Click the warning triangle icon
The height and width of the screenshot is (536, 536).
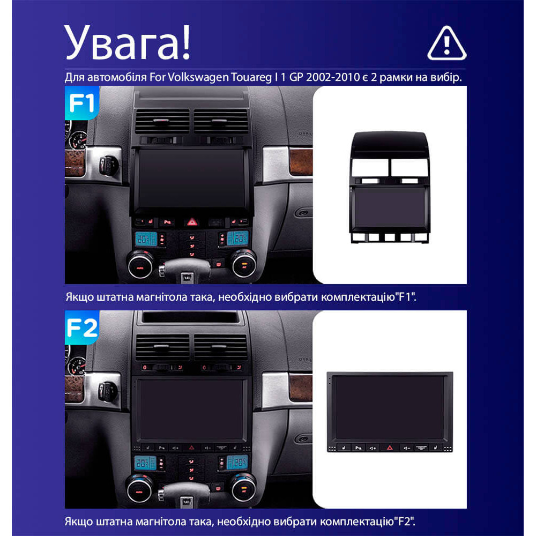tap(447, 44)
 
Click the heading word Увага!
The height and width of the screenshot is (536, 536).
tap(127, 43)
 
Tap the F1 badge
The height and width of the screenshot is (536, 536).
tap(82, 102)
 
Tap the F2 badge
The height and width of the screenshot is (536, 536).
tap(82, 327)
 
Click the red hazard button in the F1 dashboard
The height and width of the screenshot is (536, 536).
tap(192, 222)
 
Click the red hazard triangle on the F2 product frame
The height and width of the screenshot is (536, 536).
tap(390, 448)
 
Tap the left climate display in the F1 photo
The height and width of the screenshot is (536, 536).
tap(146, 239)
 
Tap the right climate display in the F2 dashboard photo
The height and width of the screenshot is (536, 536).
tap(237, 463)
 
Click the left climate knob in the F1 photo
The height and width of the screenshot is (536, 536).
tap(141, 264)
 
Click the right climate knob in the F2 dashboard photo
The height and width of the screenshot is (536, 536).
tap(243, 487)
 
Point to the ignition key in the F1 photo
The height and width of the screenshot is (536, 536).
tap(109, 165)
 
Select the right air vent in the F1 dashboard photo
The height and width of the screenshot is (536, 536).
tap(221, 121)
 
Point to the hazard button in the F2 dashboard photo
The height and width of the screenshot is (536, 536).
tap(192, 448)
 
